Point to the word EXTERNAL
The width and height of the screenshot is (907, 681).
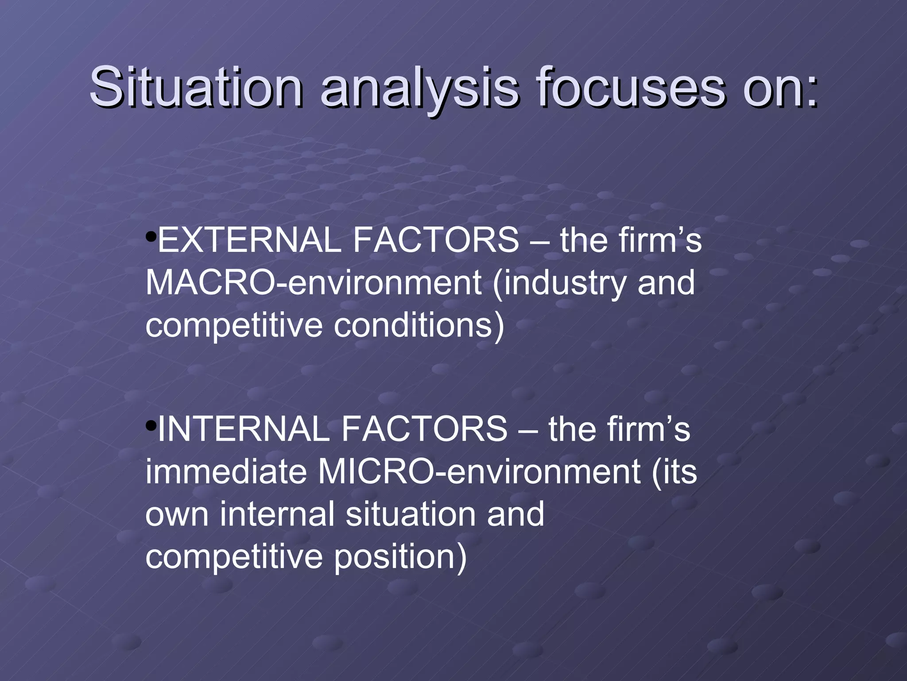248,240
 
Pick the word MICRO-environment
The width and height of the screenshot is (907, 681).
478,472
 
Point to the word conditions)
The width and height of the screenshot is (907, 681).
419,325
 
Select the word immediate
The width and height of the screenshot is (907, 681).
226,472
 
